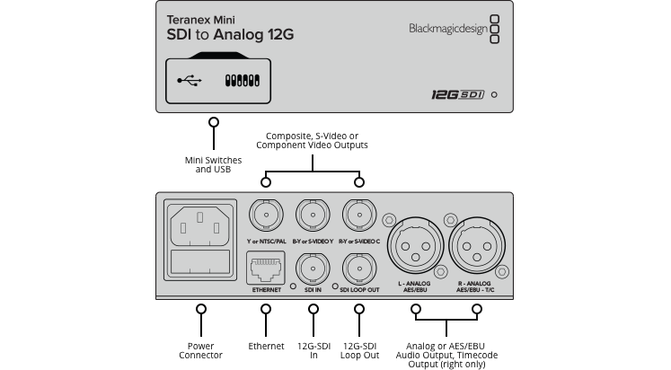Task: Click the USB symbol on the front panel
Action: (190, 81)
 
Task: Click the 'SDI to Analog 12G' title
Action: (230, 35)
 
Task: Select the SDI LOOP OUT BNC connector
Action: (360, 269)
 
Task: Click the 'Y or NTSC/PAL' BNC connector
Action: (266, 216)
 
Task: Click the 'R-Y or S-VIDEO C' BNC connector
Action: (360, 216)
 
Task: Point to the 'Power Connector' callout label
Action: (200, 349)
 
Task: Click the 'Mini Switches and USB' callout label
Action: (214, 163)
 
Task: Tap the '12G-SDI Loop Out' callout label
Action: (360, 349)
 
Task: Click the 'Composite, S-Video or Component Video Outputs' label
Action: (313, 140)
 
